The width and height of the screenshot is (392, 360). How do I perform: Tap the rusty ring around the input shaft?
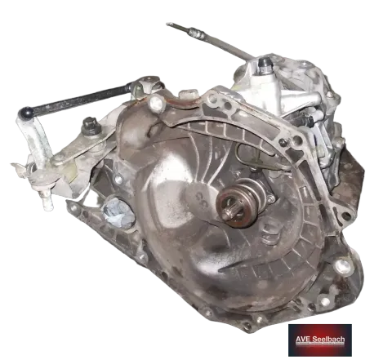pos(231,208)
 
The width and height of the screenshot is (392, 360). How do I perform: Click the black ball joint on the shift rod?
pos(25,113)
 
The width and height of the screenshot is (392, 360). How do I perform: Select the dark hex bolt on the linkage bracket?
pos(91,126)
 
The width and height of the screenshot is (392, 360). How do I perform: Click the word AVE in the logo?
pos(303,340)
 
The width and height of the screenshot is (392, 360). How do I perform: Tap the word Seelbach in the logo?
pos(328,340)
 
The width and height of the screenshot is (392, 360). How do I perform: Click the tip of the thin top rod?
pos(168,24)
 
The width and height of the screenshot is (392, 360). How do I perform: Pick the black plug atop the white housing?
pos(265,63)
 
